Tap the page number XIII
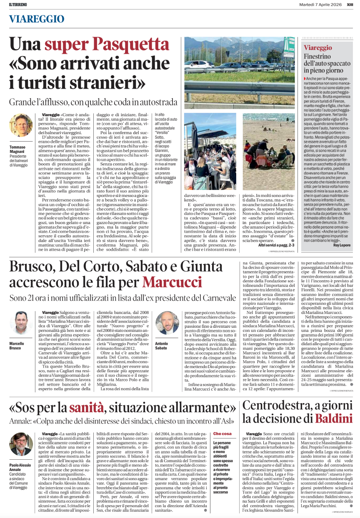point(350,4)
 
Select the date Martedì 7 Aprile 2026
point(320,4)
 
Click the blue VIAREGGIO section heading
point(37,19)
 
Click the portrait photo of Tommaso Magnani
point(20,125)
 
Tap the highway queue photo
point(239,72)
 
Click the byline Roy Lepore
point(342,245)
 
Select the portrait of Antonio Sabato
point(167,323)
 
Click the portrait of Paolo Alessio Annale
point(20,444)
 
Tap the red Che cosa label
point(222,434)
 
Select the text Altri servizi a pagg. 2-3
point(275,245)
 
